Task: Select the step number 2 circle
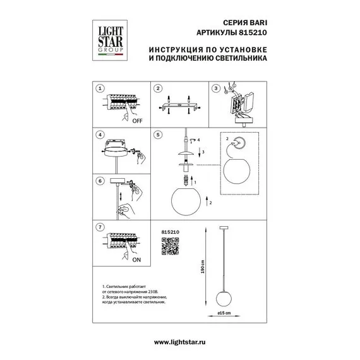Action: (159, 89)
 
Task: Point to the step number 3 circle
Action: (216, 89)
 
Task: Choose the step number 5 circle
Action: (159, 135)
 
